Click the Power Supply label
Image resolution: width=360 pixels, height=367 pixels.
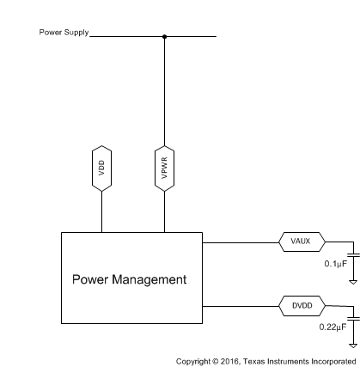pyautogui.click(x=63, y=33)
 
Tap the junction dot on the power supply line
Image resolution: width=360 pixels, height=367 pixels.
pyautogui.click(x=164, y=37)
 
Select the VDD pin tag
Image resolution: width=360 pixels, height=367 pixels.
pyautogui.click(x=102, y=168)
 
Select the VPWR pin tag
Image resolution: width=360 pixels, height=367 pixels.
pyautogui.click(x=164, y=168)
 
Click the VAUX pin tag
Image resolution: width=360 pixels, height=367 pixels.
pyautogui.click(x=300, y=242)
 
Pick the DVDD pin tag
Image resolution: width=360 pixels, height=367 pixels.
pyautogui.click(x=300, y=304)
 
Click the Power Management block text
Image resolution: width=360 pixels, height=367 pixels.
pyautogui.click(x=129, y=279)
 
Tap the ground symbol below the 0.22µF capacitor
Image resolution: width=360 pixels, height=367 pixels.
pyautogui.click(x=352, y=343)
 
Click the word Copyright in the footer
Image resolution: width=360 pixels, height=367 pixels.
pyautogui.click(x=192, y=361)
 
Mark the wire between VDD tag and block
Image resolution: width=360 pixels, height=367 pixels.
pyautogui.click(x=102, y=211)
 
